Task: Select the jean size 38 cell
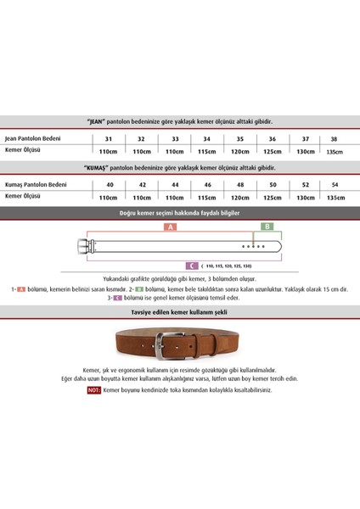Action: [x=334, y=138]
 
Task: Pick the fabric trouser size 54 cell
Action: [x=334, y=184]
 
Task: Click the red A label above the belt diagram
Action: [x=170, y=228]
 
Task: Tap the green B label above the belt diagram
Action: [x=267, y=228]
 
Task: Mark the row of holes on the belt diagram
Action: [x=252, y=246]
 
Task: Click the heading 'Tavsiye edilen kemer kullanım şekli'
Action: [x=179, y=311]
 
